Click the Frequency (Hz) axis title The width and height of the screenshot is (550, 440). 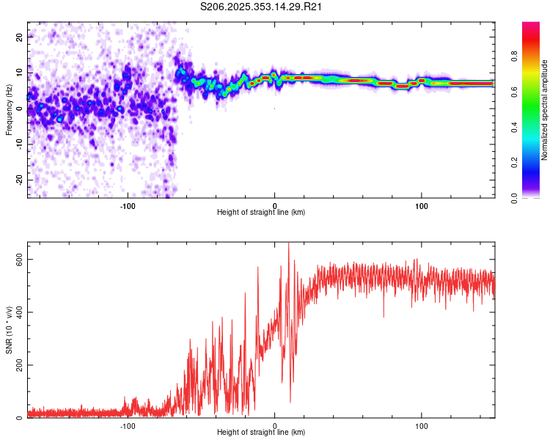point(9,110)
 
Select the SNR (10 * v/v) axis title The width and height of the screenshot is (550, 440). point(9,330)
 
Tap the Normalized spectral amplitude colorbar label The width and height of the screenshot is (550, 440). point(544,110)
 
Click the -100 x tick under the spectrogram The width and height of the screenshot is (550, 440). point(128,205)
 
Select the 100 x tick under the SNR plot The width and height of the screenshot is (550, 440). point(422,425)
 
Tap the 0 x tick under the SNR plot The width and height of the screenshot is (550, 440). point(275,425)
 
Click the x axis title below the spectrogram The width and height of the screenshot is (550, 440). point(261,213)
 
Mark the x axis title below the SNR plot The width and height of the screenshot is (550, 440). point(261,433)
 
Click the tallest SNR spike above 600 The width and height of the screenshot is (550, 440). point(288,245)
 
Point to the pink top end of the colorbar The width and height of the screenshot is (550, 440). point(531,26)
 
